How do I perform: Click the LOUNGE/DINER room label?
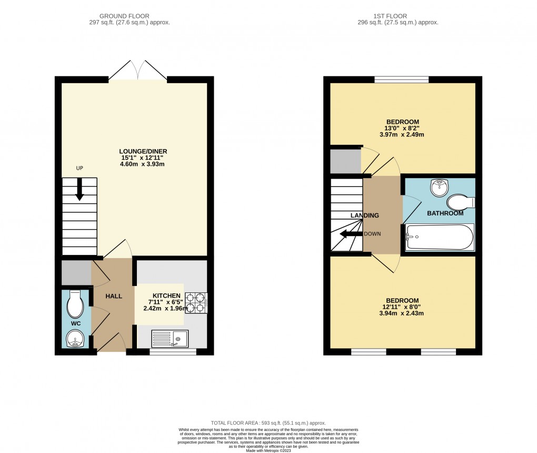pos(143,152)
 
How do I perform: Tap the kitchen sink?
pos(170,338)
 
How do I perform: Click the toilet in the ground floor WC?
pos(74,303)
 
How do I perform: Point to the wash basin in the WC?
pos(75,338)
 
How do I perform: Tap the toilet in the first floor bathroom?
pos(460,202)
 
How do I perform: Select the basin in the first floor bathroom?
pos(438,186)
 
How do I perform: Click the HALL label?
pos(113,297)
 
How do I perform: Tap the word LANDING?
pos(365,215)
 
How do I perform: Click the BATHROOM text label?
pos(445,213)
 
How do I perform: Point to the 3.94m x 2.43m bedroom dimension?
pos(402,313)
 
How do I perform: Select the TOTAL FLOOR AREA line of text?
pos(268,423)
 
